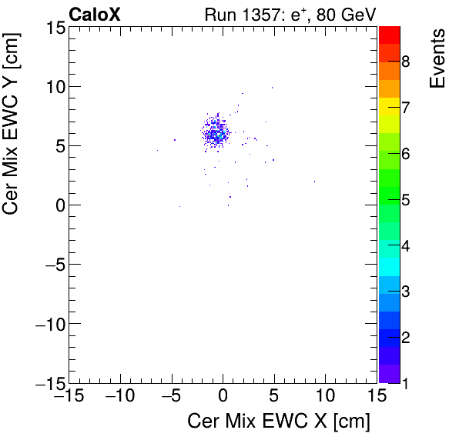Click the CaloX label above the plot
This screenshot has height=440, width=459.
tap(95, 13)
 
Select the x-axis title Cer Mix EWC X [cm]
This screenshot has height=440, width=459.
tap(279, 422)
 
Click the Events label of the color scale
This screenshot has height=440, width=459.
tap(437, 58)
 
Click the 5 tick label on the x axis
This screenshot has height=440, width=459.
tap(274, 396)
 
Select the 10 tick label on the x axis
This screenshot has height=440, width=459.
tap(325, 396)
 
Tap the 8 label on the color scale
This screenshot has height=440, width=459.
tap(405, 61)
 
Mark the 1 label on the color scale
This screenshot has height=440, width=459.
tap(405, 383)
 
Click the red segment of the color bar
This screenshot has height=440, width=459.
tap(389, 34)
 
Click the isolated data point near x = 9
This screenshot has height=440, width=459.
tap(314, 182)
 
